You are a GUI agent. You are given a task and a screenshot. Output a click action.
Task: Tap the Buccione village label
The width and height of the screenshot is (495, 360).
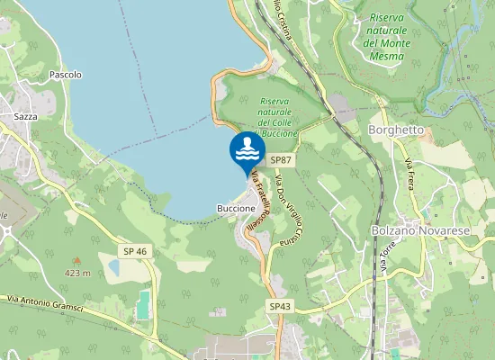237,208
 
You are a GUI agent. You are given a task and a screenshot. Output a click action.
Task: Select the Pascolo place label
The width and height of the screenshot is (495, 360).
66,75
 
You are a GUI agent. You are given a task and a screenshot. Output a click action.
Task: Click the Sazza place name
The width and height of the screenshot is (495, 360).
24,117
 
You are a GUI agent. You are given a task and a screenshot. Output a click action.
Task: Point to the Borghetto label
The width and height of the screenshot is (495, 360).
396,130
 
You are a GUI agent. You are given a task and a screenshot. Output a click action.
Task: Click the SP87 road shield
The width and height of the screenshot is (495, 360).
282,160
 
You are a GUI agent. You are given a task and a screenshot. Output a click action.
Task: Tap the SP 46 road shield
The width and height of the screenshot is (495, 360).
135,250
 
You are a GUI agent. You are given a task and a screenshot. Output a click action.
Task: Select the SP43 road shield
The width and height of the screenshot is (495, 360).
281,307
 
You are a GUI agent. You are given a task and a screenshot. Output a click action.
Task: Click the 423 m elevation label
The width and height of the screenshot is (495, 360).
77,272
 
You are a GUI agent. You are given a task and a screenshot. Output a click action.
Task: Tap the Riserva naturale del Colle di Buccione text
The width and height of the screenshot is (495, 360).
277,118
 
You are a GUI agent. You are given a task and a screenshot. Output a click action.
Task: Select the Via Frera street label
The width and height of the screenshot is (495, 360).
412,174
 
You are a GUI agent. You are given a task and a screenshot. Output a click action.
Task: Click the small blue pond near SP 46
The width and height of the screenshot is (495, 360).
113,266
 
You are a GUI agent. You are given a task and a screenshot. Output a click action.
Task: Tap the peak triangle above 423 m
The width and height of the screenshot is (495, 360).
76,260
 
